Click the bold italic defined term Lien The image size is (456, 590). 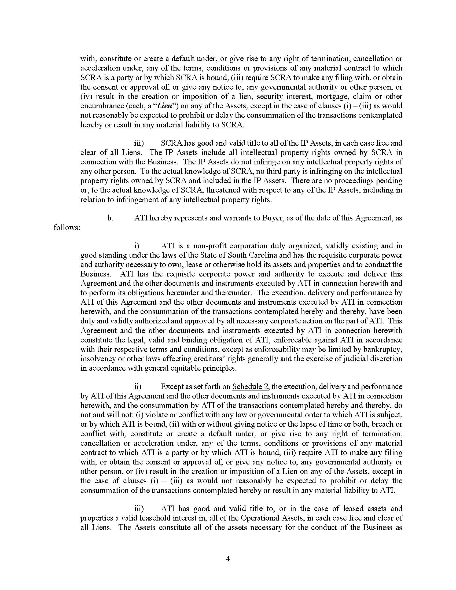pos(164,106)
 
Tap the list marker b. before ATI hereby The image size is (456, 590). pos(110,218)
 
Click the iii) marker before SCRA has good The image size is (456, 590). pos(139,143)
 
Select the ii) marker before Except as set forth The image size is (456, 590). pos(138,386)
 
